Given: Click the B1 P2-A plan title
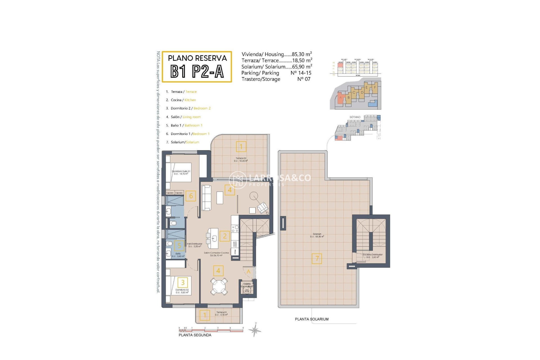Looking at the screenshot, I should coord(197,71).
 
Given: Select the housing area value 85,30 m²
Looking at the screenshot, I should coord(302,54).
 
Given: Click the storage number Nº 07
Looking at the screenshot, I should coord(304,79).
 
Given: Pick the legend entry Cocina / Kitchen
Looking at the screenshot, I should coord(183,100).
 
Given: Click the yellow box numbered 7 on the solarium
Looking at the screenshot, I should coord(317,258).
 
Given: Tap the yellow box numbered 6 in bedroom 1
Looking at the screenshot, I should coord(191,196).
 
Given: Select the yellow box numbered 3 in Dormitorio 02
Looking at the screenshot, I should coord(183,282).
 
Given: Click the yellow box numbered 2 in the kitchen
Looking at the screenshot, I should coord(225,236).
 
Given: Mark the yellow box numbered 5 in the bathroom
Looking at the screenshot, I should coord(179,246).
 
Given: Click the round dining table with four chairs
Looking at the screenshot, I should coord(219,286).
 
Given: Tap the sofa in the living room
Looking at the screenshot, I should coord(207,197).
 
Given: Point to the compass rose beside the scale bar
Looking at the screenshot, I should coord(255,330).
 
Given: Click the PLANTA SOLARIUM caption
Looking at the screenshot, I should coord(312,319).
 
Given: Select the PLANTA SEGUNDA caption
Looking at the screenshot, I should coord(195,335).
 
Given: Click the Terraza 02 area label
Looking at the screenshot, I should coord(241,159).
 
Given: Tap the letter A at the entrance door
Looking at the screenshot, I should coord(248,271).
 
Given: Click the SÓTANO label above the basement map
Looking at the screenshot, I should coord(355,117).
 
